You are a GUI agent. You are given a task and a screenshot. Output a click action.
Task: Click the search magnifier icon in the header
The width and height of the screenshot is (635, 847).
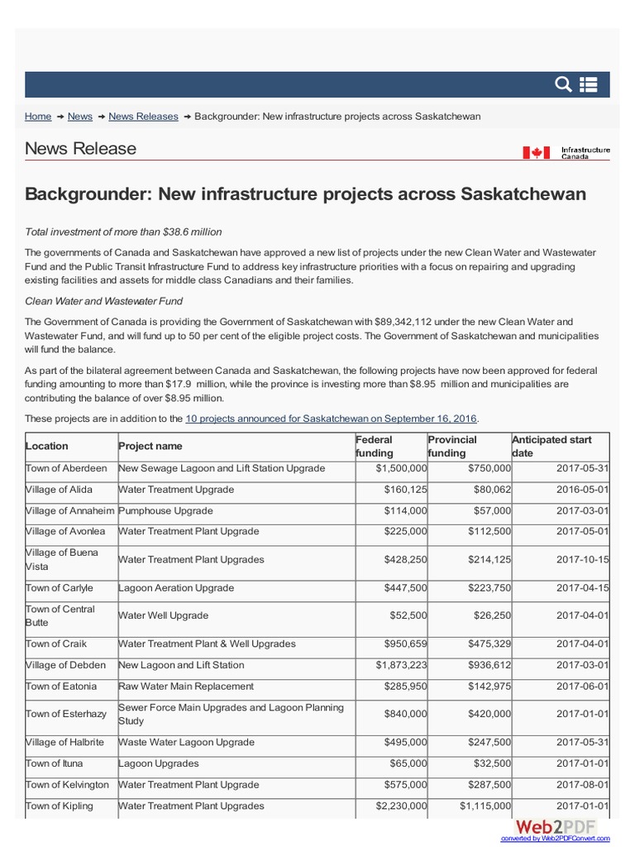click(x=563, y=84)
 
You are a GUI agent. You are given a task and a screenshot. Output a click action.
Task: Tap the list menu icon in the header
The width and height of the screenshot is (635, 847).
click(x=589, y=84)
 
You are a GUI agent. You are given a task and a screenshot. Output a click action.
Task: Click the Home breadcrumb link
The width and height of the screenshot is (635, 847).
click(x=38, y=117)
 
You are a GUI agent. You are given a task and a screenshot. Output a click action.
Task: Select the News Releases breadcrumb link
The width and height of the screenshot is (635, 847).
click(x=143, y=117)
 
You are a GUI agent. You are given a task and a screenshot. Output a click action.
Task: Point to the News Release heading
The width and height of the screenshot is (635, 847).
click(x=80, y=149)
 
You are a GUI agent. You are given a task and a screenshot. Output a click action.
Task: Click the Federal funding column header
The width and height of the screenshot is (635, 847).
click(x=375, y=447)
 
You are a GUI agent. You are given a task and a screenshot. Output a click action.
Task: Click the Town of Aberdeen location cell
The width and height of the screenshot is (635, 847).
click(x=66, y=468)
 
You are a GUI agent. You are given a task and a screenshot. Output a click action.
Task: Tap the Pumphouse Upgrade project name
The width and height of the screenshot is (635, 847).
click(x=165, y=511)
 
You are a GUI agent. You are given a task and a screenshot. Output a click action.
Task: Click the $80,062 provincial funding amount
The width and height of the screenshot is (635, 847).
click(x=489, y=490)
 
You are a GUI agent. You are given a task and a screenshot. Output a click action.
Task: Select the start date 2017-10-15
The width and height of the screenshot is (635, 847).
click(x=582, y=560)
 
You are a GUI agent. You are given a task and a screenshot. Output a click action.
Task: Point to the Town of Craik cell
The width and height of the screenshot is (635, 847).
click(x=56, y=644)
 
